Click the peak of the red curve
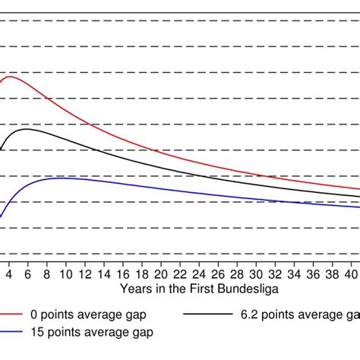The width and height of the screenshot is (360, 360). tap(11, 76)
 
